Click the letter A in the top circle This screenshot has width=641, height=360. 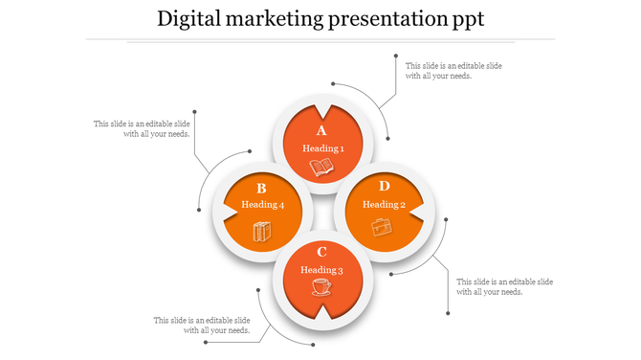click(321, 131)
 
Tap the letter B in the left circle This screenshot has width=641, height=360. click(261, 189)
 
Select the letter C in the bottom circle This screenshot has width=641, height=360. click(322, 252)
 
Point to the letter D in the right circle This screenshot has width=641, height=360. click(384, 186)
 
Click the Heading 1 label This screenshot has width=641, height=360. click(322, 148)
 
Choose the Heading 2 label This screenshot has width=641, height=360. click(384, 204)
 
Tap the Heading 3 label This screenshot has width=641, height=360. click(321, 270)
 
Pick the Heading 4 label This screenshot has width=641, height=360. click(262, 205)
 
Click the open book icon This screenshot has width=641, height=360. click(322, 169)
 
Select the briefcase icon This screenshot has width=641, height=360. click(382, 227)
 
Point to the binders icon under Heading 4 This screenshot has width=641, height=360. click(262, 230)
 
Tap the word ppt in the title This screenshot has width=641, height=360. click(465, 19)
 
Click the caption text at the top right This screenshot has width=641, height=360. click(453, 71)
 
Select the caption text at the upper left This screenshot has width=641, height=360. click(142, 128)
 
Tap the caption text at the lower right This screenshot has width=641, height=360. click(504, 286)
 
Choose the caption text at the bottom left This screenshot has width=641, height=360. click(202, 325)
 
